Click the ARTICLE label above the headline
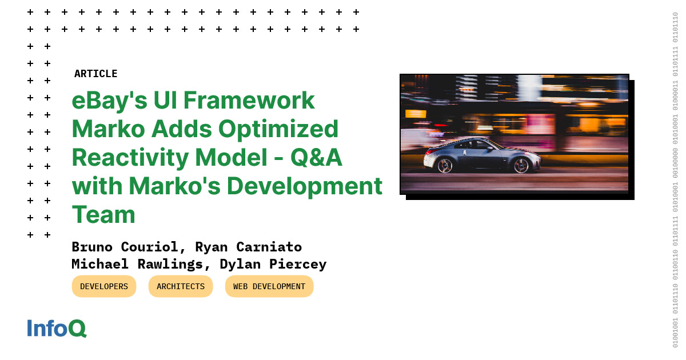[95, 74]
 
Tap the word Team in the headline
[103, 215]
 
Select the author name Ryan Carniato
[248, 247]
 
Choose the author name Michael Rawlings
[137, 264]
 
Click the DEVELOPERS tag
[104, 286]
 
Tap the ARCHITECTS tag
[181, 286]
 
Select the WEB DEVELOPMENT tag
[269, 286]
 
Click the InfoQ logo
[57, 329]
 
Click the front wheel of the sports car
[521, 166]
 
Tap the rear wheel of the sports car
[444, 166]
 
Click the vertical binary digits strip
[675, 180]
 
